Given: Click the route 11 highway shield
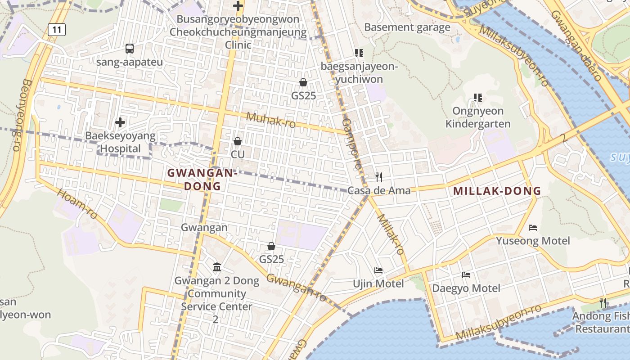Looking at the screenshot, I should (x=57, y=30).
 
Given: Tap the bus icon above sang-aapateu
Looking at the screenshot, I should (x=130, y=48).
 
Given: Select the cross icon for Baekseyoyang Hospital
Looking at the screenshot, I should (x=120, y=122).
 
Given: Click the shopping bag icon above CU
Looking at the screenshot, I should (x=238, y=141).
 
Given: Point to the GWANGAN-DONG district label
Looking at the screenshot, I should (x=202, y=179).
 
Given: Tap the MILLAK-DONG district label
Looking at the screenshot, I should (x=497, y=191).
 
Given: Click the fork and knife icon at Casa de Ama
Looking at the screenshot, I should (x=379, y=177).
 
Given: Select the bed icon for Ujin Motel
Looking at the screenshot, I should (x=378, y=270).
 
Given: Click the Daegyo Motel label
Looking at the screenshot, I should (x=466, y=288).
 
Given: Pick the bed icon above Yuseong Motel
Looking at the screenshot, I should (x=533, y=227).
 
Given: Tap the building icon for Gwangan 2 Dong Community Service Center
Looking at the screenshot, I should (x=217, y=267).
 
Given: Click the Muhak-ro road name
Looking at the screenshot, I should (x=271, y=120).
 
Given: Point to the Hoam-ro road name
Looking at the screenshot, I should (x=77, y=204).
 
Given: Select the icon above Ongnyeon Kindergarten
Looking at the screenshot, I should (x=478, y=97).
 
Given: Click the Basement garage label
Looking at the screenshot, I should (x=407, y=27).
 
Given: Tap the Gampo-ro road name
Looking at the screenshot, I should (x=351, y=144).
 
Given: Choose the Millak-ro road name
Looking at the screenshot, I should (x=391, y=234).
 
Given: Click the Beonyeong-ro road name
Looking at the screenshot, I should (x=21, y=115).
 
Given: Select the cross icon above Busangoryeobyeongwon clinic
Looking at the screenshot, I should (x=238, y=6).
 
